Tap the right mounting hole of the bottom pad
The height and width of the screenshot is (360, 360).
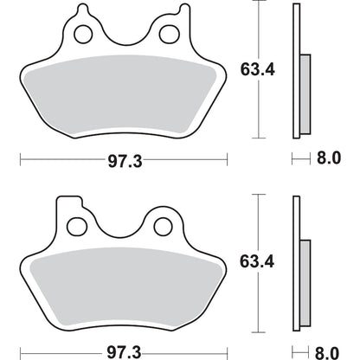pos(160,228)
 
